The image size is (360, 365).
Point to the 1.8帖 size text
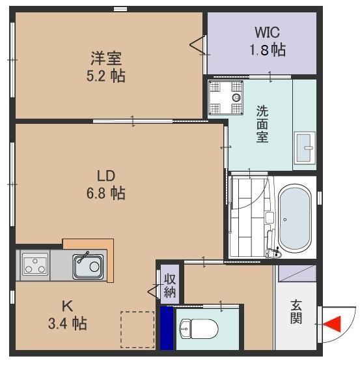click(268, 50)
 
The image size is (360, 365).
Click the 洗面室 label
click(262, 124)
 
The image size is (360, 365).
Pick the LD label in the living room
click(107, 176)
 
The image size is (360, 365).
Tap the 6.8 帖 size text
click(107, 193)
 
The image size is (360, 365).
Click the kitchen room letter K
click(67, 305)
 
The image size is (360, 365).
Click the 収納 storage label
click(169, 285)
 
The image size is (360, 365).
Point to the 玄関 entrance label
click(296, 310)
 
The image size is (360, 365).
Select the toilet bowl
click(195, 327)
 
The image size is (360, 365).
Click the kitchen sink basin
click(87, 265)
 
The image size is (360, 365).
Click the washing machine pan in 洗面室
click(226, 98)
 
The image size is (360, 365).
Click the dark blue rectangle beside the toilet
click(167, 328)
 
